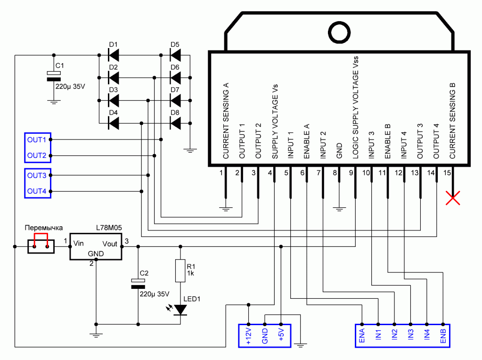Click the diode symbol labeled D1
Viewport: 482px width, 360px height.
point(114,56)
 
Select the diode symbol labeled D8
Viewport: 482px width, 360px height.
point(175,123)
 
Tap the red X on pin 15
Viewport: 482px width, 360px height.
point(453,199)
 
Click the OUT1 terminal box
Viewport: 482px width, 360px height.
point(37,139)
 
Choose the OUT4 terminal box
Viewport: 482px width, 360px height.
point(37,191)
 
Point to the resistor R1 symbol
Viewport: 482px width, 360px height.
point(180,270)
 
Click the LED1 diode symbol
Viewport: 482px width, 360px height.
point(180,310)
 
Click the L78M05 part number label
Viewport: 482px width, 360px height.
point(109,228)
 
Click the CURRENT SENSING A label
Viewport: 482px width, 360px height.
point(226,121)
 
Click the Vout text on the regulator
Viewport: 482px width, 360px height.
point(110,244)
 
